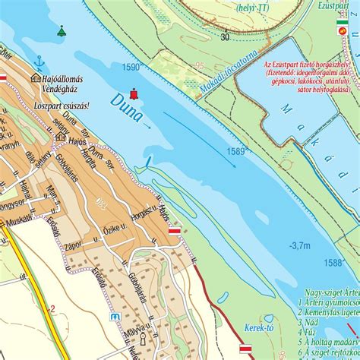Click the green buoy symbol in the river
coord(61,31)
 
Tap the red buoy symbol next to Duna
coord(134,94)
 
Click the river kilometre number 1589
coord(235,152)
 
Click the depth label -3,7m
coord(299,245)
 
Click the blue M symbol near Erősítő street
coord(115,317)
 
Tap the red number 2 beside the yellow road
coord(52,308)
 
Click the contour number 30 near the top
coord(224,36)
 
